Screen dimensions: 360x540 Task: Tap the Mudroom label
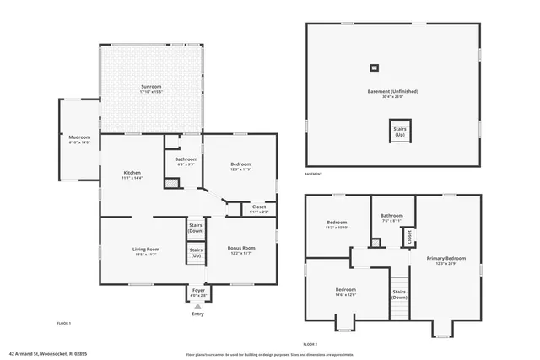pyautogui.click(x=79, y=140)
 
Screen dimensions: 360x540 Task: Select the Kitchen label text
pyautogui.click(x=132, y=175)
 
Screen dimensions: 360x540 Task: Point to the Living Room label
pyautogui.click(x=146, y=250)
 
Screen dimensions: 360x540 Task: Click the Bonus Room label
pyautogui.click(x=241, y=250)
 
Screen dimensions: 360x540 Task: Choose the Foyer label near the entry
pyautogui.click(x=197, y=292)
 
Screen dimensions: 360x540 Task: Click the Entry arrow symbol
pyautogui.click(x=197, y=306)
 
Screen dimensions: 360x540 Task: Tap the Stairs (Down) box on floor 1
pyautogui.click(x=195, y=228)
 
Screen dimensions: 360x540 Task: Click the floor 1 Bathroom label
pyautogui.click(x=186, y=161)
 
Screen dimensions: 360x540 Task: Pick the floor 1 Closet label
pyautogui.click(x=259, y=208)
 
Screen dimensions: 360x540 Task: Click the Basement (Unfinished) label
pyautogui.click(x=392, y=93)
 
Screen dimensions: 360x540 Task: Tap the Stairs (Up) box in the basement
pyautogui.click(x=399, y=132)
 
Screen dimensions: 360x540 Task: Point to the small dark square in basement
pyautogui.click(x=374, y=68)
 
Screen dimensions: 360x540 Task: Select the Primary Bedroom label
pyautogui.click(x=445, y=261)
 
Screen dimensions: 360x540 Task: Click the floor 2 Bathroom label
pyautogui.click(x=391, y=218)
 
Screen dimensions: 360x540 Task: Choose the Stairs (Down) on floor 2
pyautogui.click(x=399, y=294)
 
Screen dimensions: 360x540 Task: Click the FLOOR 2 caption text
pyautogui.click(x=310, y=345)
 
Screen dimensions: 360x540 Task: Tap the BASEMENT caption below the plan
pyautogui.click(x=313, y=174)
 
